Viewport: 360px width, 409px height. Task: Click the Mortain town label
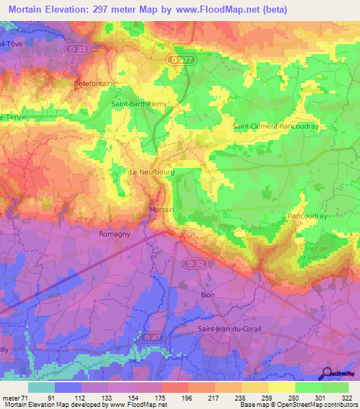(162, 209)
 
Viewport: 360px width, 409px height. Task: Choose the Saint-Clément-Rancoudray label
(276, 126)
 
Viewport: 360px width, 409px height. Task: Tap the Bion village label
(207, 295)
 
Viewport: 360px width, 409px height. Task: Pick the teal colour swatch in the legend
(41, 387)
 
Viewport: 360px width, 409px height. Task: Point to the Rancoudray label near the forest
(307, 216)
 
